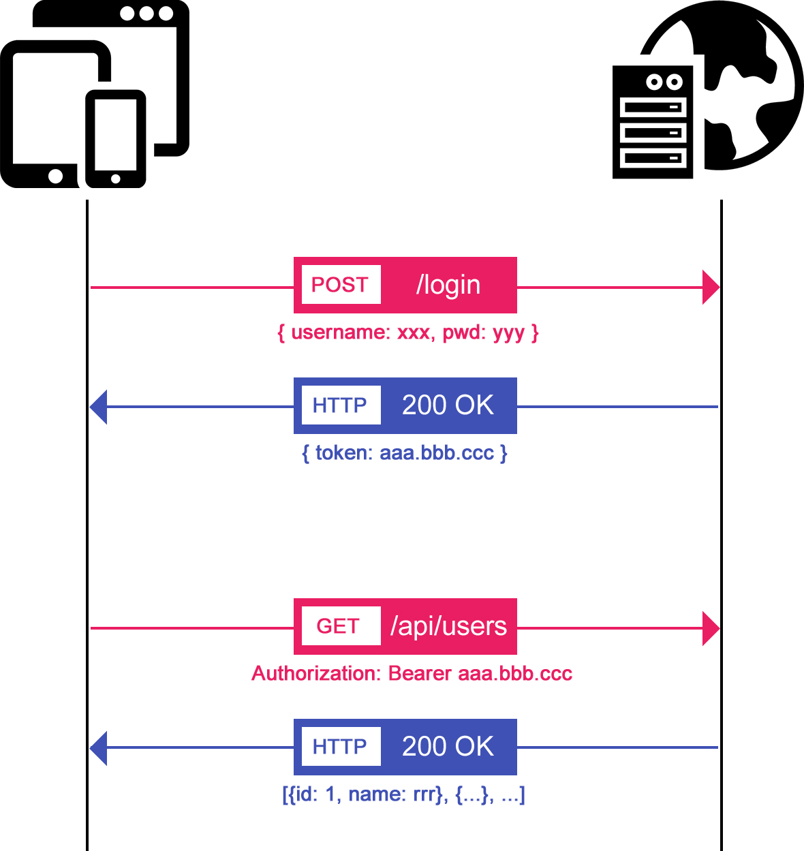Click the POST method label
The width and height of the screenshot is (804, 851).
(x=340, y=285)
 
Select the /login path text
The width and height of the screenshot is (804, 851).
(x=448, y=285)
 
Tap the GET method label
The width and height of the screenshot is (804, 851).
(x=338, y=626)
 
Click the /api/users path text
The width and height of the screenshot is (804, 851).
(x=448, y=626)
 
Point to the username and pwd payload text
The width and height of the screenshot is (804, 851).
(x=407, y=332)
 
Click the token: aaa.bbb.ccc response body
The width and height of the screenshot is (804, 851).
(x=405, y=453)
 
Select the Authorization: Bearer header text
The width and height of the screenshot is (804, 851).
(x=412, y=674)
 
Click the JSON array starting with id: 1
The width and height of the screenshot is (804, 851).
(x=403, y=794)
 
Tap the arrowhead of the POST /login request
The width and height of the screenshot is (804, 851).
(x=710, y=287)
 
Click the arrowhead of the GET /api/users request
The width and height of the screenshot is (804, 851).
(x=710, y=628)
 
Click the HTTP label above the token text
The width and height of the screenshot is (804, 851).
(x=340, y=405)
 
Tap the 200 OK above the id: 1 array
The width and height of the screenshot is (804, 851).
(x=448, y=747)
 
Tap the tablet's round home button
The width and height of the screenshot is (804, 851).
(x=55, y=176)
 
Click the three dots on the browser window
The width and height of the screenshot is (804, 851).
(x=146, y=14)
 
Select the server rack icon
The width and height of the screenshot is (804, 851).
(x=653, y=123)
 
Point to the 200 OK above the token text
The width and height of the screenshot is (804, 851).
(x=448, y=405)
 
